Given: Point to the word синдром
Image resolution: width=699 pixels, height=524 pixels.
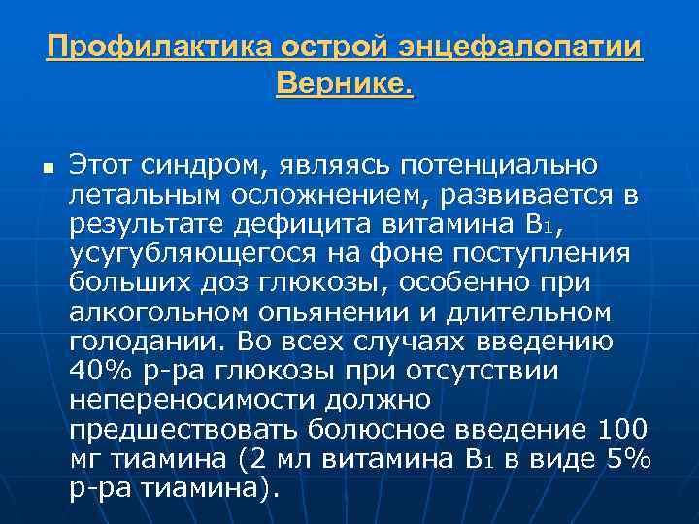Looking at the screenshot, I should tap(208, 166).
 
